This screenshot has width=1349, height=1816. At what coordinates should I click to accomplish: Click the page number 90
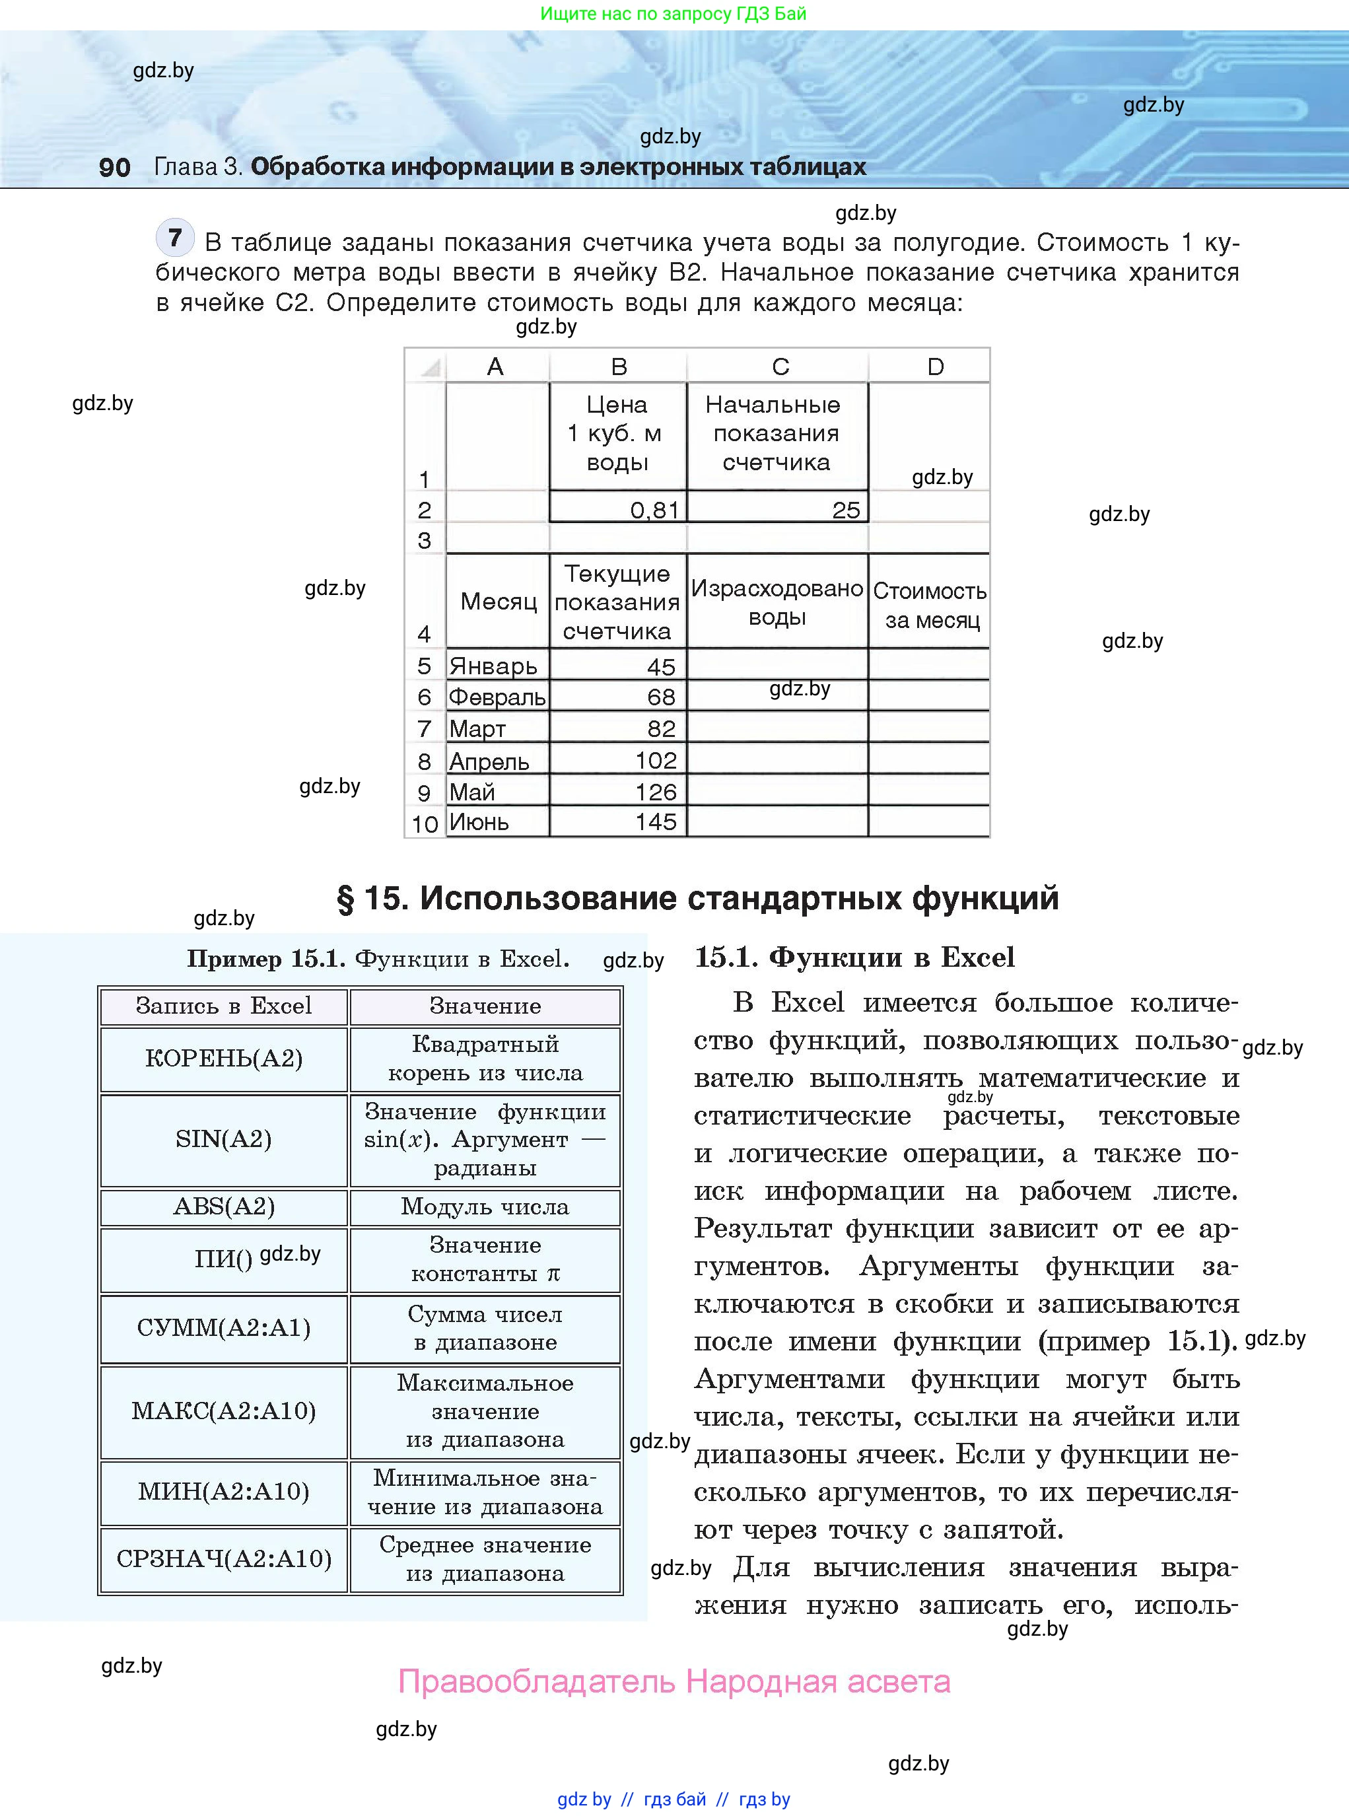coord(114,167)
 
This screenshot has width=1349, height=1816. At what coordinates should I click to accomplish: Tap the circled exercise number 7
coord(175,238)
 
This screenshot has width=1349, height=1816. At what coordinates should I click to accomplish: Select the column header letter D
coord(935,367)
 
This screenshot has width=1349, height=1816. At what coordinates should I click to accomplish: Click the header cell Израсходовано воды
coord(777,602)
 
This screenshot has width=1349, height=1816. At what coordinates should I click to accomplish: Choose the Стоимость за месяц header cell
coord(929,605)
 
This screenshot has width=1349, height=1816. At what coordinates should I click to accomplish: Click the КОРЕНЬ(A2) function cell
coord(224,1059)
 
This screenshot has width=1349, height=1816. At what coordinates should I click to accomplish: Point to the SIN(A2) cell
coord(224,1139)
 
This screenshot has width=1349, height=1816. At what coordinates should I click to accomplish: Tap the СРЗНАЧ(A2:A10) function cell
coord(224,1558)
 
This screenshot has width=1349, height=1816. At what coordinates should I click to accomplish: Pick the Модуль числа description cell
coord(485,1207)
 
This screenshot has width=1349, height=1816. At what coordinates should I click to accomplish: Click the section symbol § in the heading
coord(345,899)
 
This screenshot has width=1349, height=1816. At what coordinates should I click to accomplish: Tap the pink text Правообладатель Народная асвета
coord(674,1682)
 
